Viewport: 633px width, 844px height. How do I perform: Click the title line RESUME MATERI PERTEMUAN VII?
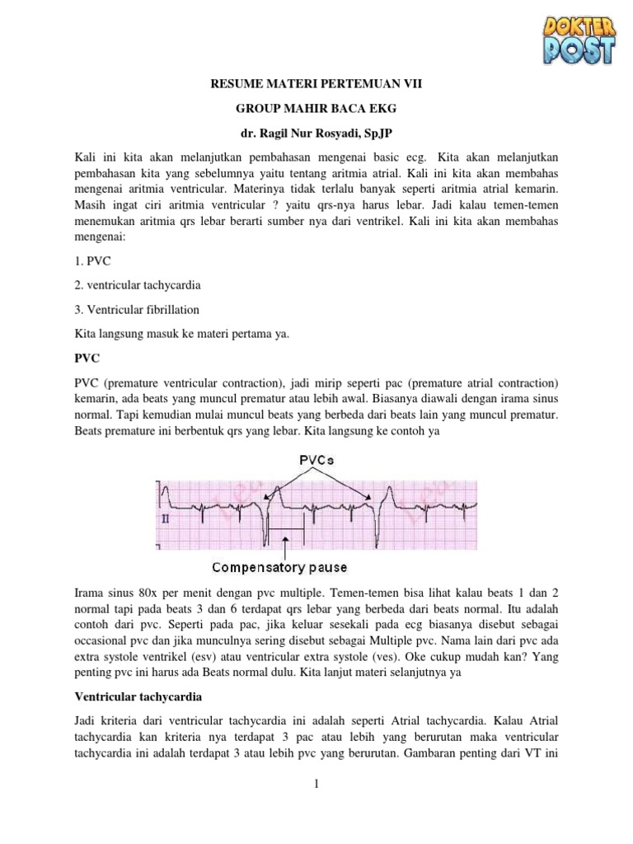[x=316, y=83]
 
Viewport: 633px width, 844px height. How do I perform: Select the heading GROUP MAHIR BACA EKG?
[x=316, y=108]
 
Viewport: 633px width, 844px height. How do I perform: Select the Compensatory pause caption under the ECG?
[x=280, y=568]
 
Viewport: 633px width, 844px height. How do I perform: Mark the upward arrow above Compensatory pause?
[x=285, y=547]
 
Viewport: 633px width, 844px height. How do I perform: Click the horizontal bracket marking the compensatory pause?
[x=285, y=527]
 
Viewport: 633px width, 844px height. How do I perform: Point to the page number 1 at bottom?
[x=316, y=785]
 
